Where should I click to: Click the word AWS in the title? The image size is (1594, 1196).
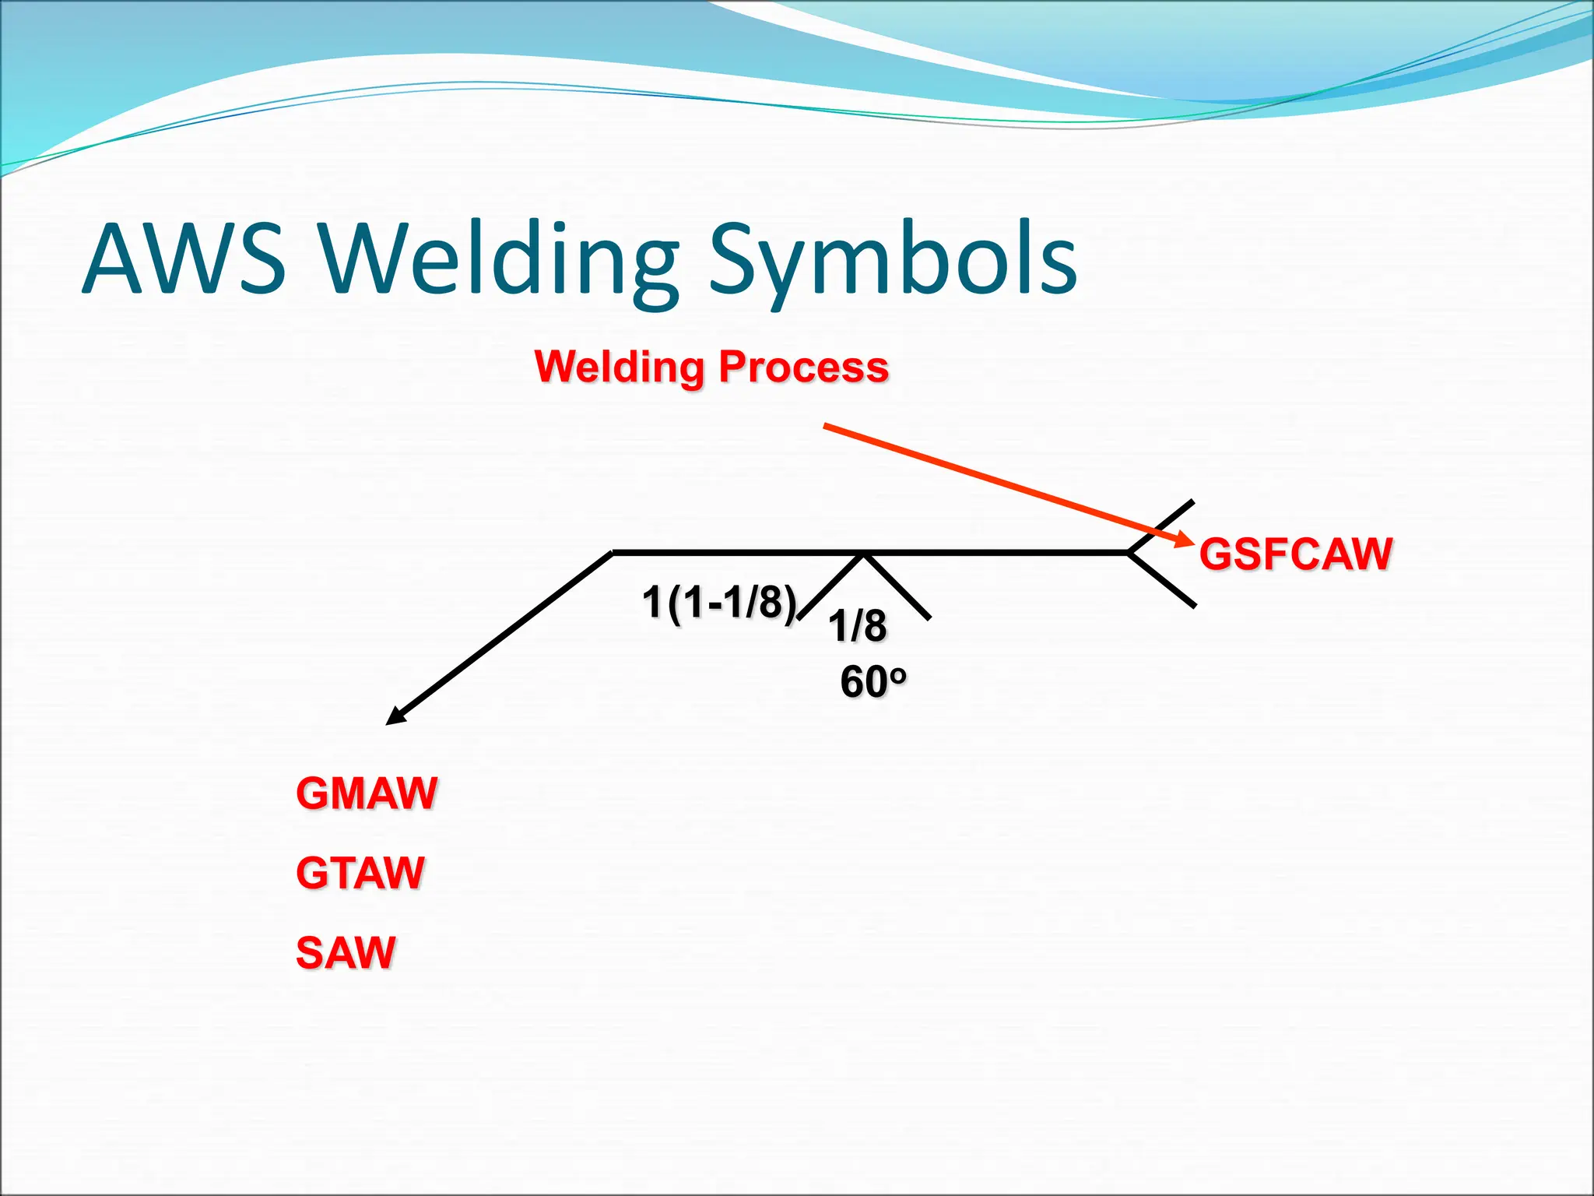click(x=184, y=259)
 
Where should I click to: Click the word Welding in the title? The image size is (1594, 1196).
click(x=498, y=259)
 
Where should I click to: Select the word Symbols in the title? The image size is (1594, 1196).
click(x=893, y=259)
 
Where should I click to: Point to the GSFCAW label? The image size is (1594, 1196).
click(x=1296, y=554)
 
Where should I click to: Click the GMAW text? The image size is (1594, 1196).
click(x=367, y=793)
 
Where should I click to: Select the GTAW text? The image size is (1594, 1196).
click(x=360, y=873)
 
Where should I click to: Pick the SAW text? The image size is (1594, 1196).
click(x=346, y=952)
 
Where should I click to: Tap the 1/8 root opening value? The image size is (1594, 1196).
click(x=857, y=626)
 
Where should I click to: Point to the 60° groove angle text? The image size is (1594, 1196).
click(x=864, y=682)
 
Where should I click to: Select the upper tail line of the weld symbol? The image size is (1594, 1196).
click(x=1162, y=526)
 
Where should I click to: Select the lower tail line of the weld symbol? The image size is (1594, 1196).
click(x=1162, y=579)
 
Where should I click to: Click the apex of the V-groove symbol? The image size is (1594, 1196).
click(x=863, y=556)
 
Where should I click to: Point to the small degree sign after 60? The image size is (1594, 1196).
click(x=898, y=674)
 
